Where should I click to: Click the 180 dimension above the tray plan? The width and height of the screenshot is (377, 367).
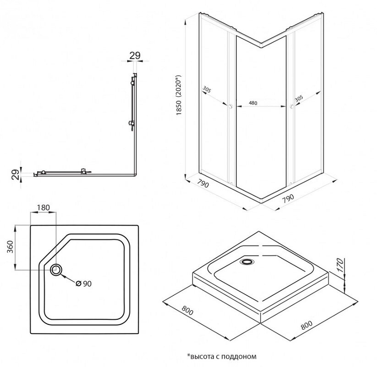click(43, 207)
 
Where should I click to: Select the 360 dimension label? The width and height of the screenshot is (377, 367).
click(10, 248)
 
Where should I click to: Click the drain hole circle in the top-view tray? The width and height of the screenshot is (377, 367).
click(57, 270)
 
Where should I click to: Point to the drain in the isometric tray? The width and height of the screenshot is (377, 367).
click(247, 262)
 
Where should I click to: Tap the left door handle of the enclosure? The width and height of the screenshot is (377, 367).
click(230, 107)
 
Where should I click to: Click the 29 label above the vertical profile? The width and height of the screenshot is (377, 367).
click(134, 56)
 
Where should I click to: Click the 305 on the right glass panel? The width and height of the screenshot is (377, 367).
click(299, 98)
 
